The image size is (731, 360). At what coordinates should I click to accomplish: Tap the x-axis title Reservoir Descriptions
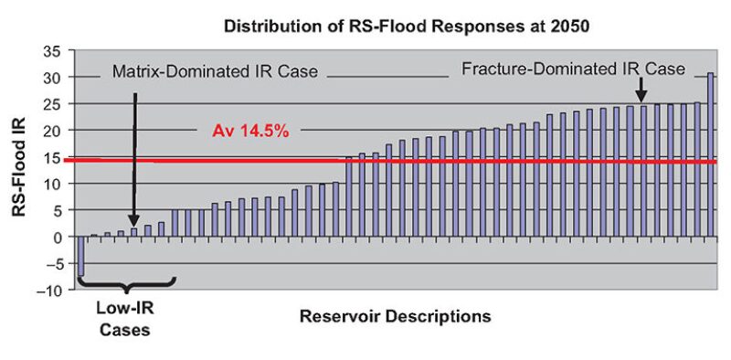coord(395,317)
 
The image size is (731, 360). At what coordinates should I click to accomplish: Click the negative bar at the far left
coord(80,256)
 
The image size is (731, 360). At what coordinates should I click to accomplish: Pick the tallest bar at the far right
coord(710,154)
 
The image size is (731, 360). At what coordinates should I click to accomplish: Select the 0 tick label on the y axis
coord(57,238)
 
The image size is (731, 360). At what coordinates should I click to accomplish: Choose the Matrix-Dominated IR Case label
coord(214,72)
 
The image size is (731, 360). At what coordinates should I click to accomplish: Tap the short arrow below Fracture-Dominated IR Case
coord(641,89)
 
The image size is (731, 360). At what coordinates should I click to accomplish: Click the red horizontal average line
coord(457,162)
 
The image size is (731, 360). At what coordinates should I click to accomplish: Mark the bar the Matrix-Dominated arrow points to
coord(134,232)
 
